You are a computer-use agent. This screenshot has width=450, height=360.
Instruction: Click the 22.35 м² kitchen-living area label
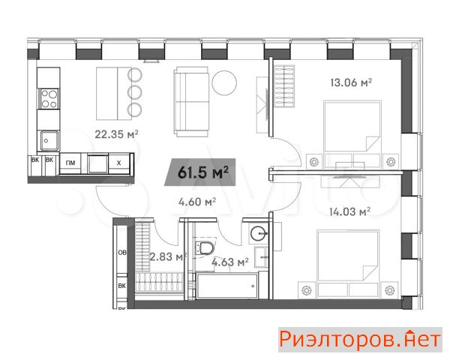pos(116,134)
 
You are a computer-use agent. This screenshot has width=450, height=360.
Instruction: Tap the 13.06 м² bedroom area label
pos(351,82)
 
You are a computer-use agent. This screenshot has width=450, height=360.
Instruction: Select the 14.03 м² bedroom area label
pos(349,211)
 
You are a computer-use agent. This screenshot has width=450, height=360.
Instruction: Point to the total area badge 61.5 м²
pos(200,172)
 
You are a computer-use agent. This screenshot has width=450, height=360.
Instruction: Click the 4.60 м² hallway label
pos(197,202)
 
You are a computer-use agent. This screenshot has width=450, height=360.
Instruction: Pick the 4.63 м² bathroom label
pos(230,262)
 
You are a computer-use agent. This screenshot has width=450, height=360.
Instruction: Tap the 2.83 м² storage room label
pos(168,256)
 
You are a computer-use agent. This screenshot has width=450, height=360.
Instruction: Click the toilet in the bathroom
pos(205,247)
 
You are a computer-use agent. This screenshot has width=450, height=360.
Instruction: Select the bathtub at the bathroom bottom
pos(227,286)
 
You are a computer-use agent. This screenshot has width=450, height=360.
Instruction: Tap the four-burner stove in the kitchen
pos(49,99)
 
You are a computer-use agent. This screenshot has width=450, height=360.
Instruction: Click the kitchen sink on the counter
pos(49,141)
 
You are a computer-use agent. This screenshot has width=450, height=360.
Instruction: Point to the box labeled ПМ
pos(70,163)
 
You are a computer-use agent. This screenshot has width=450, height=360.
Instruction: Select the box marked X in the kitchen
pos(118,163)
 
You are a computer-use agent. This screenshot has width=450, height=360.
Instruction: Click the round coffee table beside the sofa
pos(224,82)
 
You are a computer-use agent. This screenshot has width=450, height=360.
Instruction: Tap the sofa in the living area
pos(192,102)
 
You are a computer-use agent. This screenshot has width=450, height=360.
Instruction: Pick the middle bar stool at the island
pos(134,92)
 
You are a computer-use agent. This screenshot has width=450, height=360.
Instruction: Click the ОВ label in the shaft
pos(122,253)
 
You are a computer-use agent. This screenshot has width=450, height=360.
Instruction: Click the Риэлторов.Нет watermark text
pos(360,339)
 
